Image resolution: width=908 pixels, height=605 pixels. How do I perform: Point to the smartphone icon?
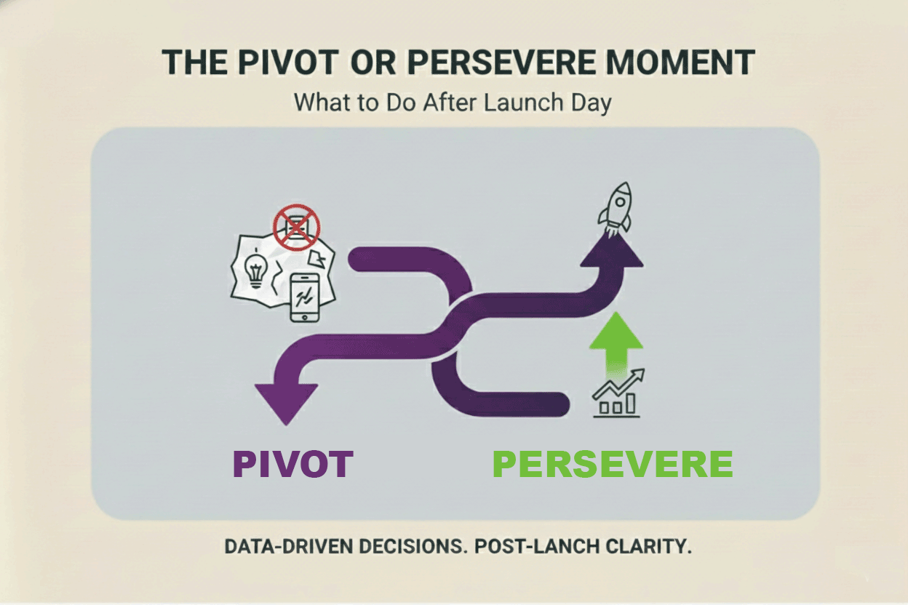coord(304,297)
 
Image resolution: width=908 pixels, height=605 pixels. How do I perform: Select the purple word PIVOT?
coord(293,464)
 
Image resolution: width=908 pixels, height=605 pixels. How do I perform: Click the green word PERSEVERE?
coord(613,464)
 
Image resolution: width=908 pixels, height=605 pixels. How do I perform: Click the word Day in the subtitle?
coord(590,103)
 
